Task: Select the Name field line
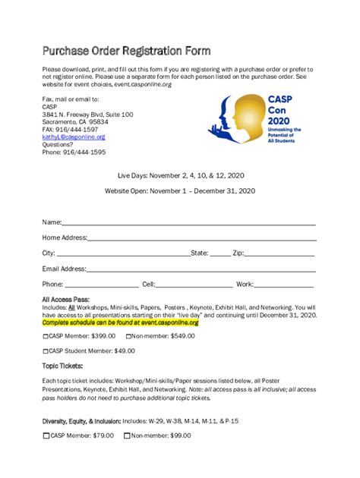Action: pos(188,224)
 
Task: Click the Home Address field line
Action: pos(201,239)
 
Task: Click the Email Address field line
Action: pos(201,270)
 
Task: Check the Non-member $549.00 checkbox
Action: pos(128,335)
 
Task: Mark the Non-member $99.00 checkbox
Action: pos(127,436)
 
